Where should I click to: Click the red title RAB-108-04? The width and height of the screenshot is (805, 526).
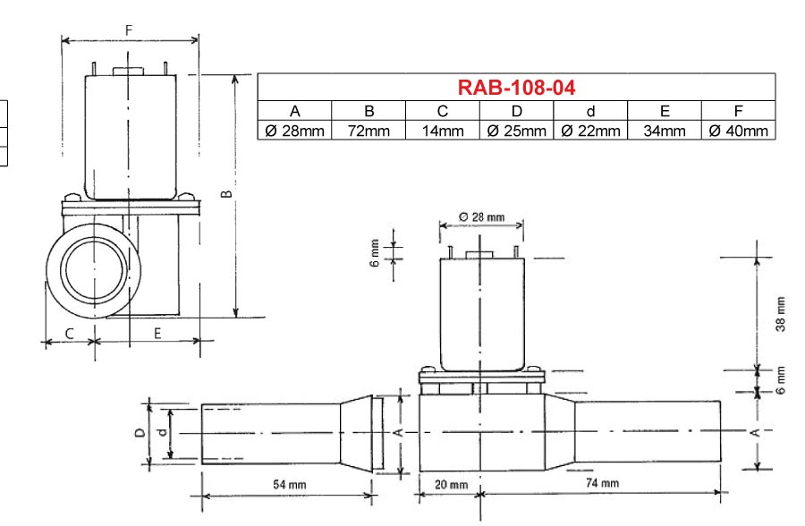click(x=516, y=88)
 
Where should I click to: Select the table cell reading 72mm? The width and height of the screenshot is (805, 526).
click(x=369, y=131)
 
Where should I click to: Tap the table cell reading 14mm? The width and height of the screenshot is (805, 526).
click(x=443, y=131)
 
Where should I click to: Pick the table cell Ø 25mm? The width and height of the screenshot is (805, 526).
click(x=516, y=131)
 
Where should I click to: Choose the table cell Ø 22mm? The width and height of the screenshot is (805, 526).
click(x=590, y=131)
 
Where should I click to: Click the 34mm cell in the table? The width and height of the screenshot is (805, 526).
click(x=665, y=131)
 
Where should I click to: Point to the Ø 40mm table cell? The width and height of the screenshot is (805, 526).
click(x=738, y=131)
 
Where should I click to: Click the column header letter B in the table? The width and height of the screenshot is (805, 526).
click(x=369, y=111)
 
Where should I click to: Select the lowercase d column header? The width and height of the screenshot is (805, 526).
click(x=590, y=111)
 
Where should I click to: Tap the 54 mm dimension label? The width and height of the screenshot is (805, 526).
click(x=290, y=484)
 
